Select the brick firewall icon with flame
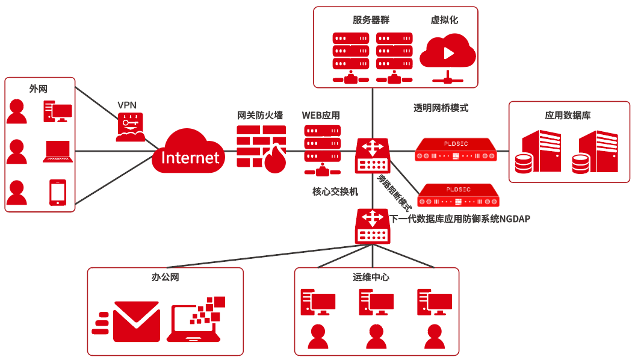(x=261, y=150)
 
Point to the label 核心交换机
(x=335, y=191)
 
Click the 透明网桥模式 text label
(x=441, y=108)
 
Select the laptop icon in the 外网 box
(x=58, y=152)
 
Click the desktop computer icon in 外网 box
(x=58, y=112)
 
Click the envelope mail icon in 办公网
(x=129, y=318)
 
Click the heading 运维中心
(x=371, y=278)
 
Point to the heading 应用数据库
(x=568, y=114)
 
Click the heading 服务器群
(x=371, y=20)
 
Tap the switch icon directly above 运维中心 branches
(x=373, y=226)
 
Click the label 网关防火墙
(x=260, y=114)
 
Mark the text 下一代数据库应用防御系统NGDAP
(x=460, y=219)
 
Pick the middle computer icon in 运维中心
(x=376, y=302)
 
